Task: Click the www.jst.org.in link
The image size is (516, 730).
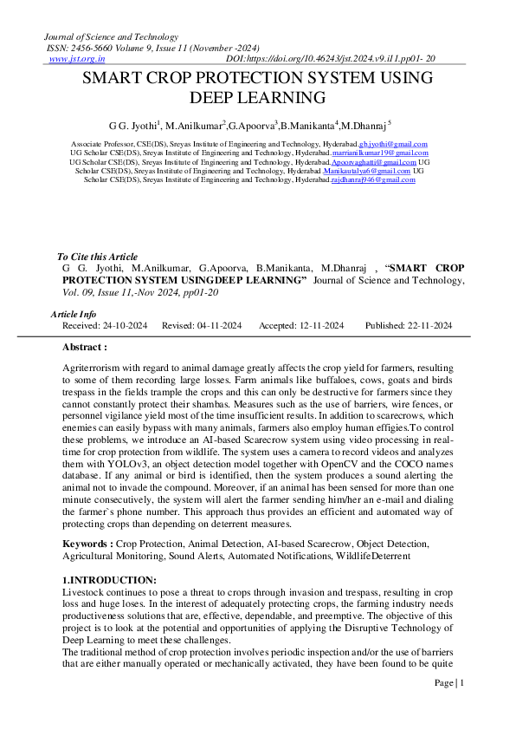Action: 71,59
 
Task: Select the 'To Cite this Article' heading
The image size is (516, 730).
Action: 97,257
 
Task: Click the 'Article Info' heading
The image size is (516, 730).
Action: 74,314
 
